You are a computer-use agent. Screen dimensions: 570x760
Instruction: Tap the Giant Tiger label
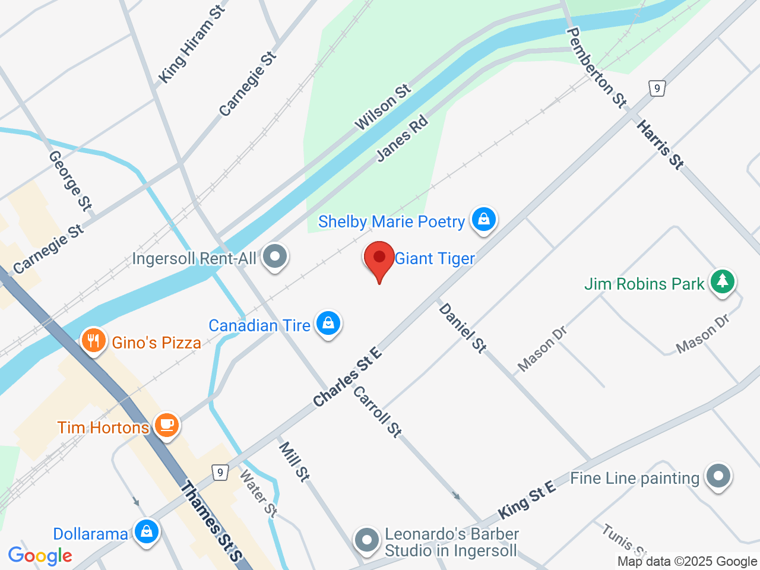(435, 259)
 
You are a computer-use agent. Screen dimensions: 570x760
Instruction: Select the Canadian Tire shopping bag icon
(328, 323)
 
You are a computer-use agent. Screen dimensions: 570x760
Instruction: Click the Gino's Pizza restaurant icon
(94, 341)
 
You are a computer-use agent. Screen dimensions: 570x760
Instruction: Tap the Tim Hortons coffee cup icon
(167, 425)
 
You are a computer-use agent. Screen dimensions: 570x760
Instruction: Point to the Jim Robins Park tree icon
(722, 281)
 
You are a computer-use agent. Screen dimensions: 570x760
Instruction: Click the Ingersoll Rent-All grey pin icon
(275, 257)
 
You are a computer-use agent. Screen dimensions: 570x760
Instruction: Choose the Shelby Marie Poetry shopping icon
(484, 219)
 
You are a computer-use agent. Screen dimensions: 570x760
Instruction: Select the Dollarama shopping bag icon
(146, 531)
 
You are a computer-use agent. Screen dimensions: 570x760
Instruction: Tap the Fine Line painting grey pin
(718, 476)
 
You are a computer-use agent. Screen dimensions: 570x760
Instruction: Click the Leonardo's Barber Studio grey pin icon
(366, 540)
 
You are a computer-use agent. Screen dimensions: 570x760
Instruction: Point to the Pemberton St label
(597, 68)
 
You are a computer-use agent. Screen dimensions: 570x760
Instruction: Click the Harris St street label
(660, 144)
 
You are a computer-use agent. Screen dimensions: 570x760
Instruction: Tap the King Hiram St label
(192, 45)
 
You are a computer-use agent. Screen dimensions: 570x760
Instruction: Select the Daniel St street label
(463, 327)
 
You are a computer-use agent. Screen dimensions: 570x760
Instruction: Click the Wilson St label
(382, 107)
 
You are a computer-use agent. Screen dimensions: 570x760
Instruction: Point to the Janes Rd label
(402, 139)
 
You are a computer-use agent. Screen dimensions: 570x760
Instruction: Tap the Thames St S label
(211, 521)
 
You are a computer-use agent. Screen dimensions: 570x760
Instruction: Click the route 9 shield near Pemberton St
(656, 88)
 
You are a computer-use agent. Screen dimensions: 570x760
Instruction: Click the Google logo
(40, 556)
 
